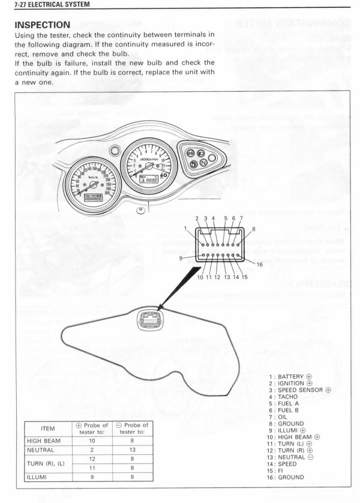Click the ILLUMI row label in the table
coord(37,477)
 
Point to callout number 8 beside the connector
coord(254,229)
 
